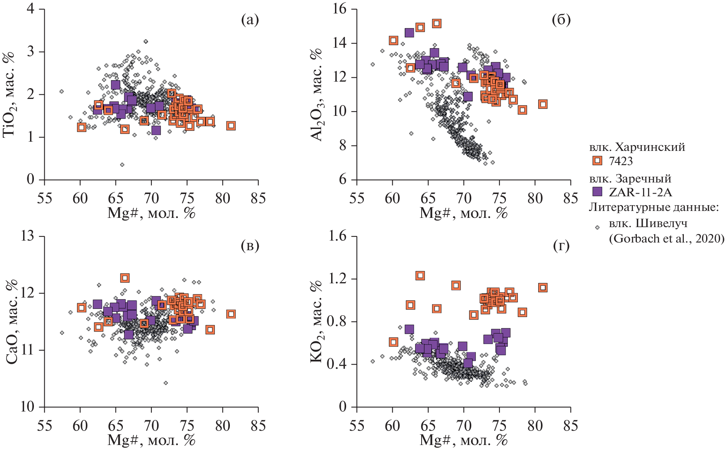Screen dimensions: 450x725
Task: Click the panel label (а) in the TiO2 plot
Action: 249,20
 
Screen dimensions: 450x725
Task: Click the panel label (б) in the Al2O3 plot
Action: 561,20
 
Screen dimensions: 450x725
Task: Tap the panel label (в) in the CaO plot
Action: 249,246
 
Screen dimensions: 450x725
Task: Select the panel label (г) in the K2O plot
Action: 561,246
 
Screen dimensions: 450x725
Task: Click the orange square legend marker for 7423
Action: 597,161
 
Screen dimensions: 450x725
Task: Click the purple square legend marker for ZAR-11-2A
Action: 597,191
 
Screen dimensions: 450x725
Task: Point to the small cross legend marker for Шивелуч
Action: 597,228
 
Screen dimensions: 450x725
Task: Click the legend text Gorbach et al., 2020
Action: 666,239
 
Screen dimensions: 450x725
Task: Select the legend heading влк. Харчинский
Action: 637,147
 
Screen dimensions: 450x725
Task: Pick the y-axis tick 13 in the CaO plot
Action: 28,236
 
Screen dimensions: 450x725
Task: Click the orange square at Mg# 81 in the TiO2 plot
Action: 231,125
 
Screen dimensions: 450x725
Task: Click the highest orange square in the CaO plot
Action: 124,278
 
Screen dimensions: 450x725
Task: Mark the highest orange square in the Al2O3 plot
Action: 436,23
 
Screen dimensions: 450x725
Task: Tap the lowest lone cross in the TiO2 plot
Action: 122,165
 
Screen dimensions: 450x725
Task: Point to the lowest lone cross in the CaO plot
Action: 166,383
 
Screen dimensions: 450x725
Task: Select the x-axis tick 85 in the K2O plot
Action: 570,426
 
